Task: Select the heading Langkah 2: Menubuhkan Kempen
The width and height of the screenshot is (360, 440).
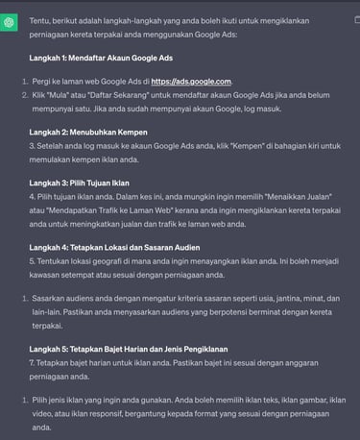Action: point(87,131)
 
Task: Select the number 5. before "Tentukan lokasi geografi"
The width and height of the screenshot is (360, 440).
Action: point(33,261)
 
